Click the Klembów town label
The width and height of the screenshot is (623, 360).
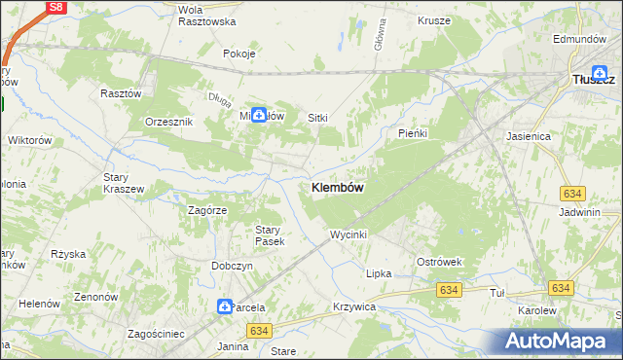coord(339,188)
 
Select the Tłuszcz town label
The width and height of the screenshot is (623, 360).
coord(593,80)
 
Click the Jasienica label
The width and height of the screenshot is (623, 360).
coord(529,137)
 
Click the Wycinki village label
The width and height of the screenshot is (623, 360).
coord(348,234)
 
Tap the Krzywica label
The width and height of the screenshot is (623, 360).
coord(353,306)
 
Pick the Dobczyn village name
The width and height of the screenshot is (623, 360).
coord(233,266)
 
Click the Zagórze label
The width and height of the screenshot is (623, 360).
coord(207,209)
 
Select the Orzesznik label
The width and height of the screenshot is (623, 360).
coord(169,122)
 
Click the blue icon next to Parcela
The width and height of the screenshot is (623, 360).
coord(225,306)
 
